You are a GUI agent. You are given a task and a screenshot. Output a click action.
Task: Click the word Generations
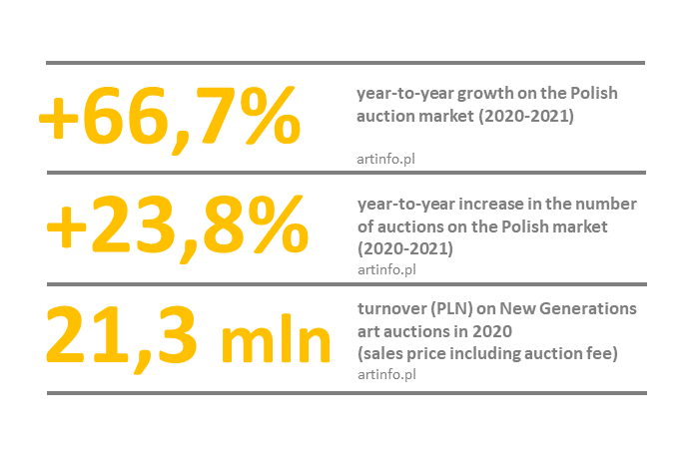590,309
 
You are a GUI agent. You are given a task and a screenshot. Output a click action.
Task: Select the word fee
607,352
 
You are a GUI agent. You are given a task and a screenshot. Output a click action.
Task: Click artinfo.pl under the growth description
385,157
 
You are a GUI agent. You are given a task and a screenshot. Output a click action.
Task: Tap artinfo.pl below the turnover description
385,374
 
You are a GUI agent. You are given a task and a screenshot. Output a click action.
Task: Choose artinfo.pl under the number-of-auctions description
385,268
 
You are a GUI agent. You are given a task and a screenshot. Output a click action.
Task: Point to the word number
610,205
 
